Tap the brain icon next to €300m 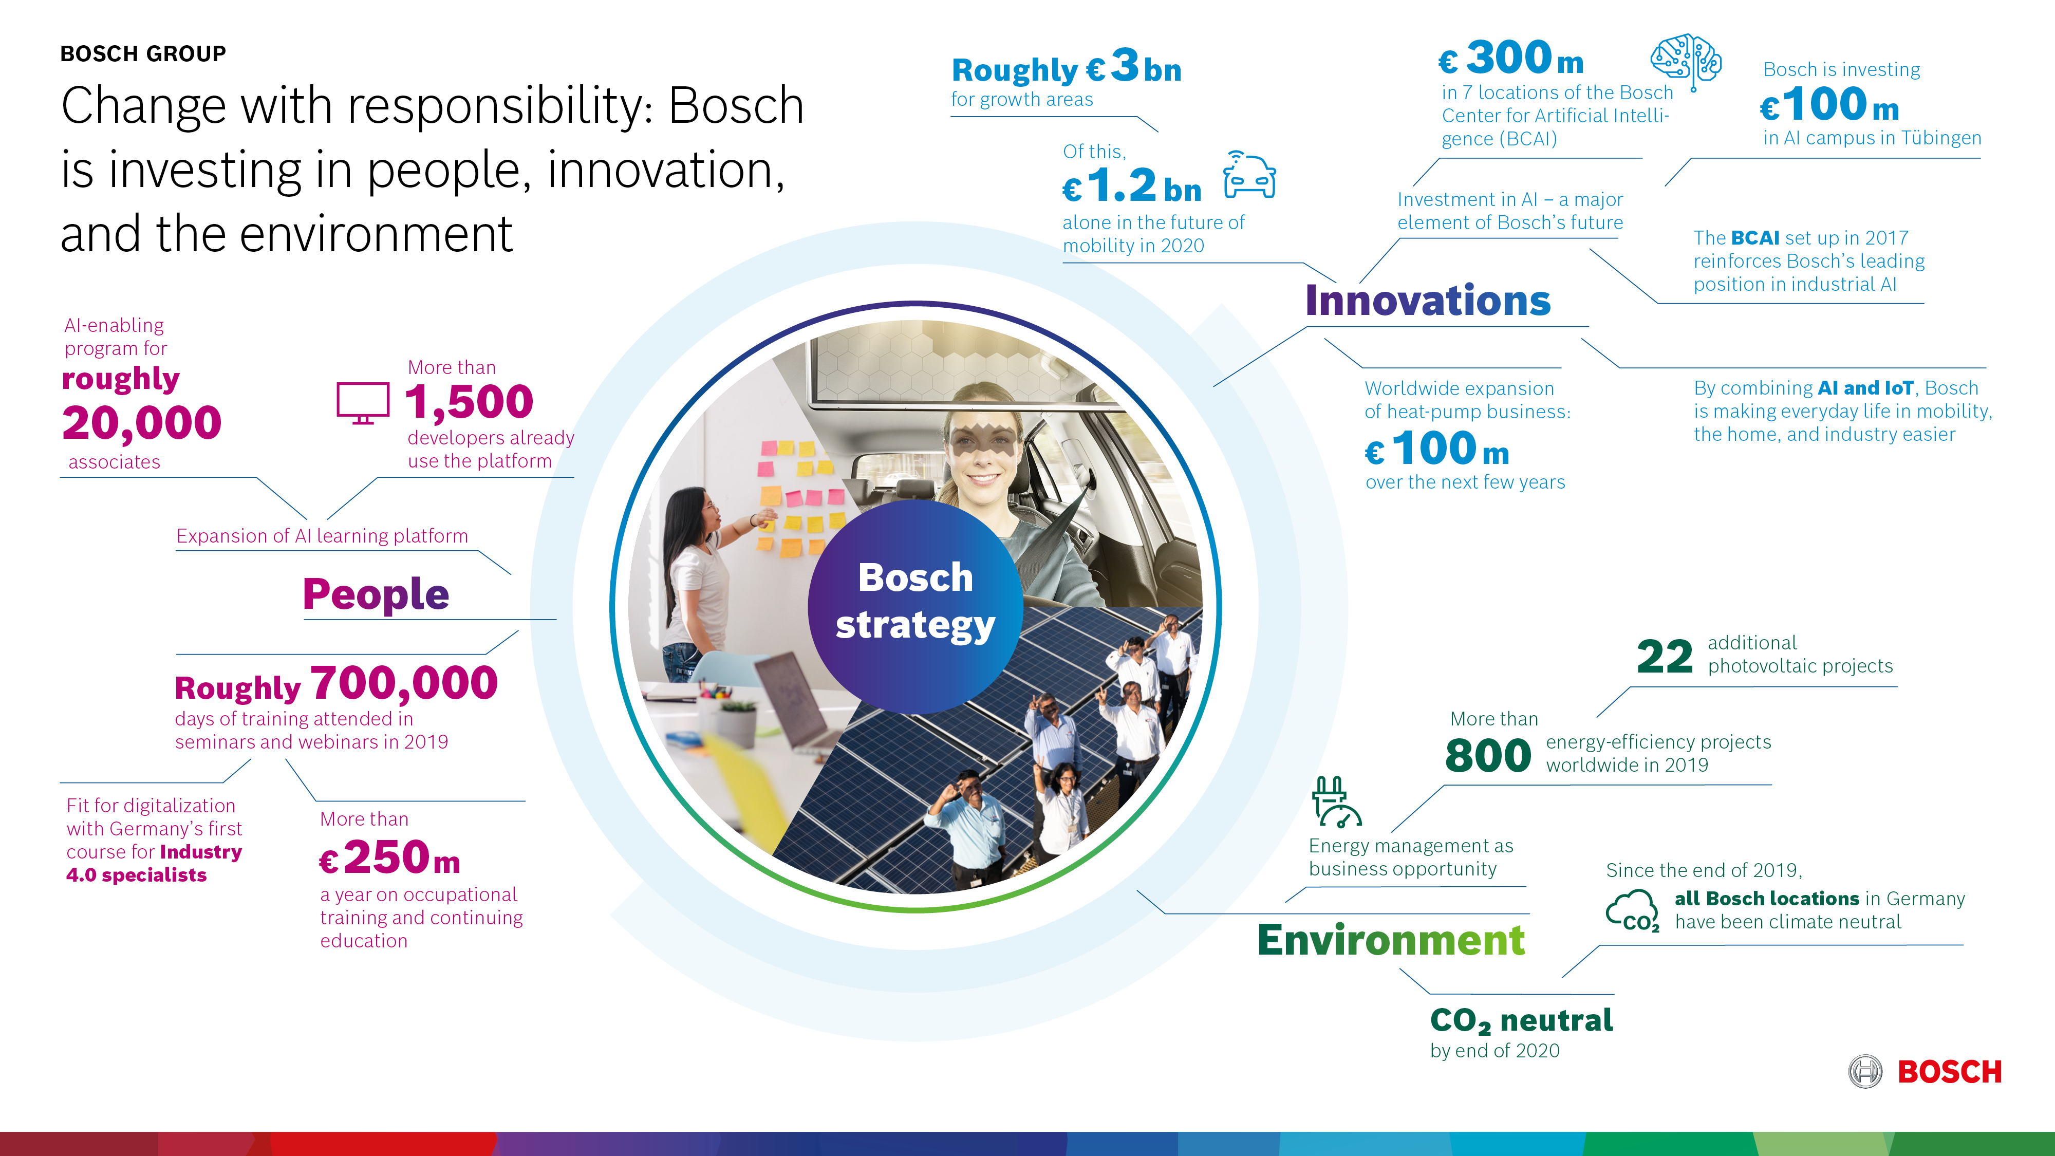tap(1686, 60)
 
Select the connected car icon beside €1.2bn tap(1249, 176)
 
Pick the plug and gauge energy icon tap(1335, 802)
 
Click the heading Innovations tap(1427, 301)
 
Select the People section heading tap(376, 594)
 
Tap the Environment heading tap(1391, 940)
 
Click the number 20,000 tap(142, 423)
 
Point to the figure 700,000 tap(404, 684)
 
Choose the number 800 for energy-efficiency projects tap(1488, 755)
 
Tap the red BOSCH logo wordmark tap(1949, 1071)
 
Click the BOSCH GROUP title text tap(144, 53)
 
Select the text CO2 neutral tap(1521, 1020)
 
